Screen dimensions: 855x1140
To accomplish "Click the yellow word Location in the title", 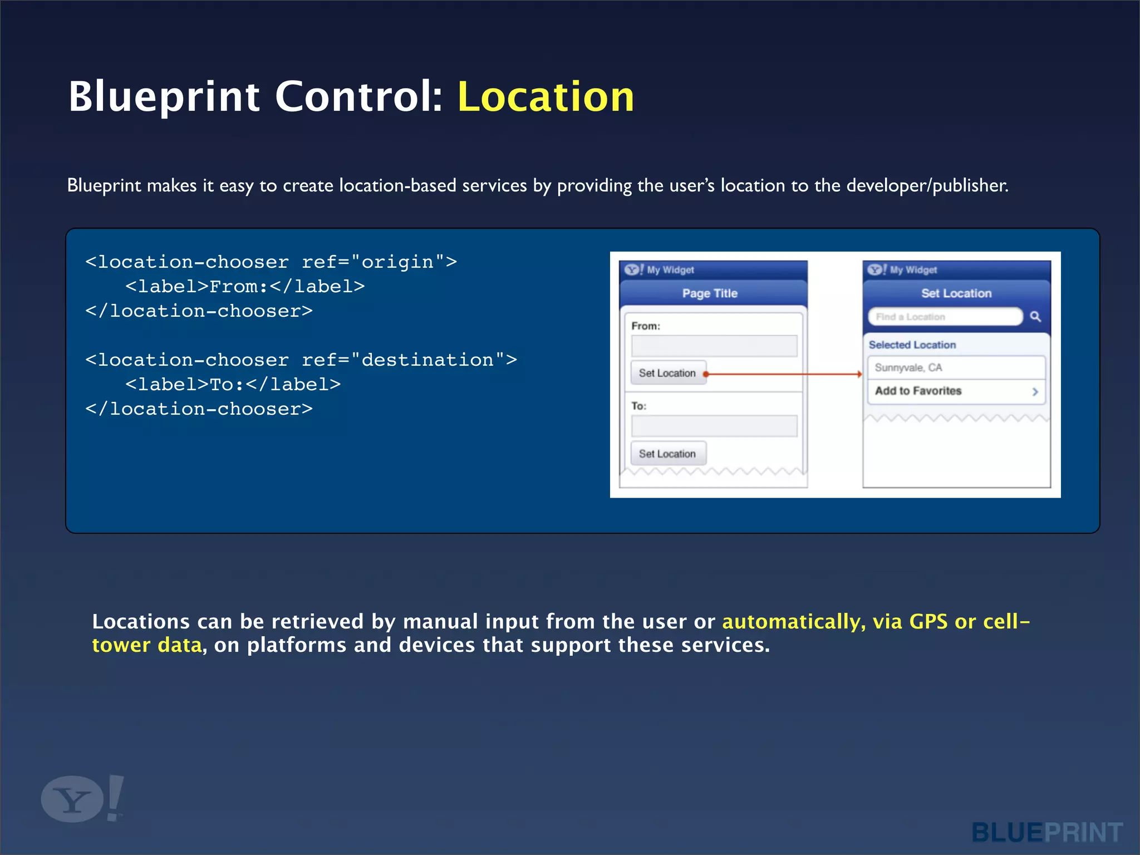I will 546,97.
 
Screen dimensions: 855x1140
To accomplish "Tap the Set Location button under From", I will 667,373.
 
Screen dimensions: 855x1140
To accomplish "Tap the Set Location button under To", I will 667,454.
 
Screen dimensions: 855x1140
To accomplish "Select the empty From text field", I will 714,346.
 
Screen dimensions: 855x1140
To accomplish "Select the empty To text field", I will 714,426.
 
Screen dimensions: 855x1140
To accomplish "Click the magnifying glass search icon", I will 1035,317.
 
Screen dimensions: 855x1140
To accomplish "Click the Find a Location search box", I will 945,317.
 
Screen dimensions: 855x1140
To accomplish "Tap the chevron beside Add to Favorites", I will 1035,391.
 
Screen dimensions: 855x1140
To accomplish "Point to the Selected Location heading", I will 912,345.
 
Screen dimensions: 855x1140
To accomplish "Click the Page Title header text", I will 710,293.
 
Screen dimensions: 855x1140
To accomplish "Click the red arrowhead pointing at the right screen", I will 859,374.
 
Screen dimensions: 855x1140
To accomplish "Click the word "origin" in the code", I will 397,262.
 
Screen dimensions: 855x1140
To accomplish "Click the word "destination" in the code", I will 427,360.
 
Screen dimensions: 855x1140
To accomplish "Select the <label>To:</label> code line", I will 233,385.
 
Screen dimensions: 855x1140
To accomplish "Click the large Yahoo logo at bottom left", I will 81,799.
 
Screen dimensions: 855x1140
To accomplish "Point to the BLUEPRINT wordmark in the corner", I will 1046,833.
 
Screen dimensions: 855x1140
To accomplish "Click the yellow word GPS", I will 927,621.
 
